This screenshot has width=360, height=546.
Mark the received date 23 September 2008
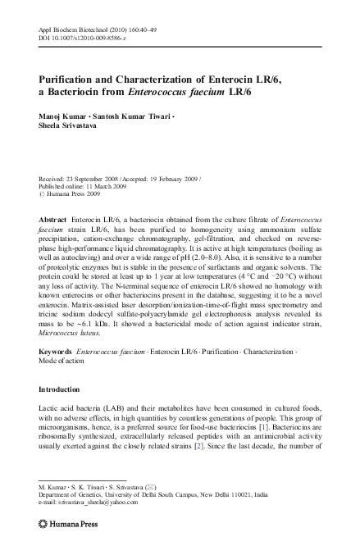(x=96, y=179)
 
